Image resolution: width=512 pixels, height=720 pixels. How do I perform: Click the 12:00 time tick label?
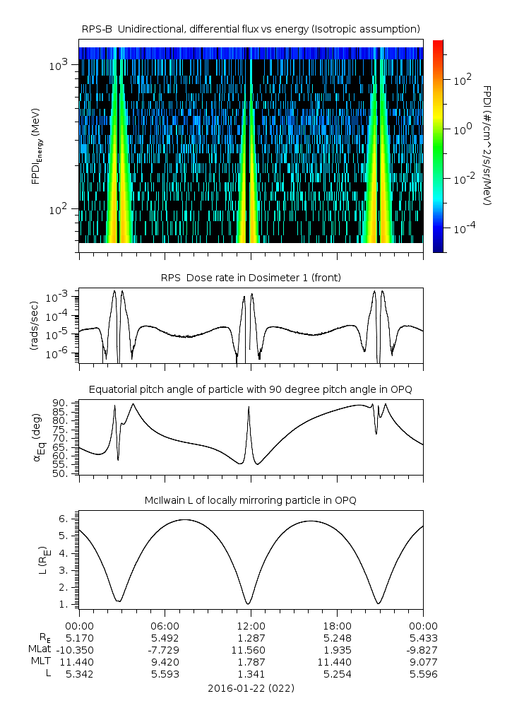(251, 625)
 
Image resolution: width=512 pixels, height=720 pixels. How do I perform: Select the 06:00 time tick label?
(165, 625)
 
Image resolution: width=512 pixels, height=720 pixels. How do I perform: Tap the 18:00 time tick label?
(337, 625)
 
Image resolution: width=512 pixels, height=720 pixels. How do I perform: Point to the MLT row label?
(38, 661)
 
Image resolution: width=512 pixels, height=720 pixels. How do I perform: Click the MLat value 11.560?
(251, 649)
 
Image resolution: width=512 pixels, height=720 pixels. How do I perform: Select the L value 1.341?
(251, 674)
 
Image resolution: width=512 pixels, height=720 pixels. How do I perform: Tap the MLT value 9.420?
(165, 661)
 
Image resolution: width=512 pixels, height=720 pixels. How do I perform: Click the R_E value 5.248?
(337, 637)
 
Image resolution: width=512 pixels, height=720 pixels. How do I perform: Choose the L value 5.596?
(423, 674)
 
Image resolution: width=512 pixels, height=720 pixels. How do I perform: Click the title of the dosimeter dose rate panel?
(251, 278)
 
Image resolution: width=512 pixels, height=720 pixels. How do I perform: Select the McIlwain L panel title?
(251, 500)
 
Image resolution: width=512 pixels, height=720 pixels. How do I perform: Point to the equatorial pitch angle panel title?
(251, 389)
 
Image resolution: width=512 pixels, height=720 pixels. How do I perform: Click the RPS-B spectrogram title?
(251, 28)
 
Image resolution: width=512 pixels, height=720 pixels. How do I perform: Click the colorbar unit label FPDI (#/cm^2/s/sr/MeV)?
(487, 145)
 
